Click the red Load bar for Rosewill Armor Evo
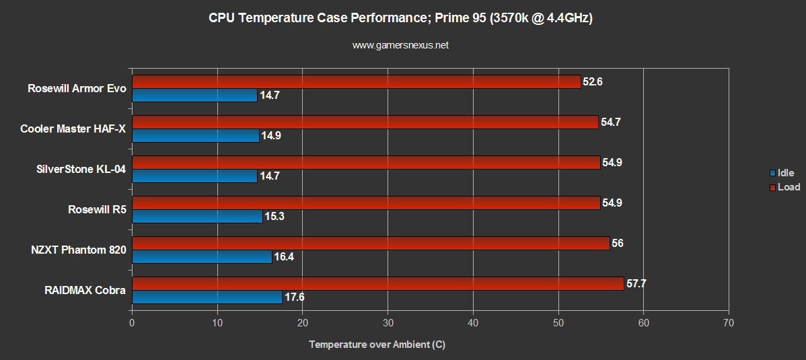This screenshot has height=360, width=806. (x=356, y=81)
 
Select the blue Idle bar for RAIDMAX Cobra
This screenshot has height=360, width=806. (x=207, y=297)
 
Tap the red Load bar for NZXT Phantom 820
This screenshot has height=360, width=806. (x=371, y=243)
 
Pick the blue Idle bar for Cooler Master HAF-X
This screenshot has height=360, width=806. (x=195, y=135)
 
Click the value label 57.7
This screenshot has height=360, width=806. (x=637, y=284)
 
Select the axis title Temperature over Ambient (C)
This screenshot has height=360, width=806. (x=377, y=345)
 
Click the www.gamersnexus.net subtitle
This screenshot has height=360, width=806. (x=400, y=46)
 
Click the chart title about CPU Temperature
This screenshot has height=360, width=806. (x=400, y=19)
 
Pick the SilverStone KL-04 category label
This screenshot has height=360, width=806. (x=81, y=169)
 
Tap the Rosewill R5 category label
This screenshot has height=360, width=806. (x=97, y=209)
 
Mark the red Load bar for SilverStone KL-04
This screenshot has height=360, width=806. (x=366, y=162)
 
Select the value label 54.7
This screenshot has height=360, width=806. (x=612, y=122)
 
